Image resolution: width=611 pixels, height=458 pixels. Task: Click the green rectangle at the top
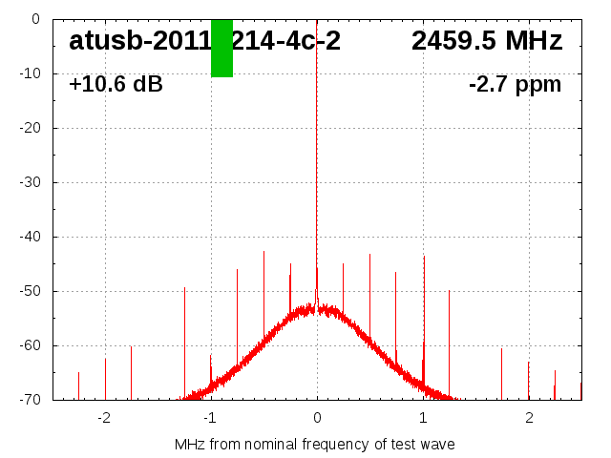coord(221,48)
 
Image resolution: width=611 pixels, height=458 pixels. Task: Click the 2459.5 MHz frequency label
coord(487,41)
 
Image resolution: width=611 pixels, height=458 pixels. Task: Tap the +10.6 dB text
coord(116,85)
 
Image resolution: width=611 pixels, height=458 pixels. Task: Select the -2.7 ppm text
coord(515,85)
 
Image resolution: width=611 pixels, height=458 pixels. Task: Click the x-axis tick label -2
coord(104,418)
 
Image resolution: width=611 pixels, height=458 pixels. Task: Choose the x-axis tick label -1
coord(210,418)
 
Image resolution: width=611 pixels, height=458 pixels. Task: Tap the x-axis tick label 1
coord(423,418)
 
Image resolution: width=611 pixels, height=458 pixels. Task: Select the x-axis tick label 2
coord(529,418)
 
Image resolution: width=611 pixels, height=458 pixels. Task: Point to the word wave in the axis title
coord(436,445)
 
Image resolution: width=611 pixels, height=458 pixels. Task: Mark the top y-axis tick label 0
coord(34,19)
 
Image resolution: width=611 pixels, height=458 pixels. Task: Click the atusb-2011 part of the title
coord(139,41)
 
